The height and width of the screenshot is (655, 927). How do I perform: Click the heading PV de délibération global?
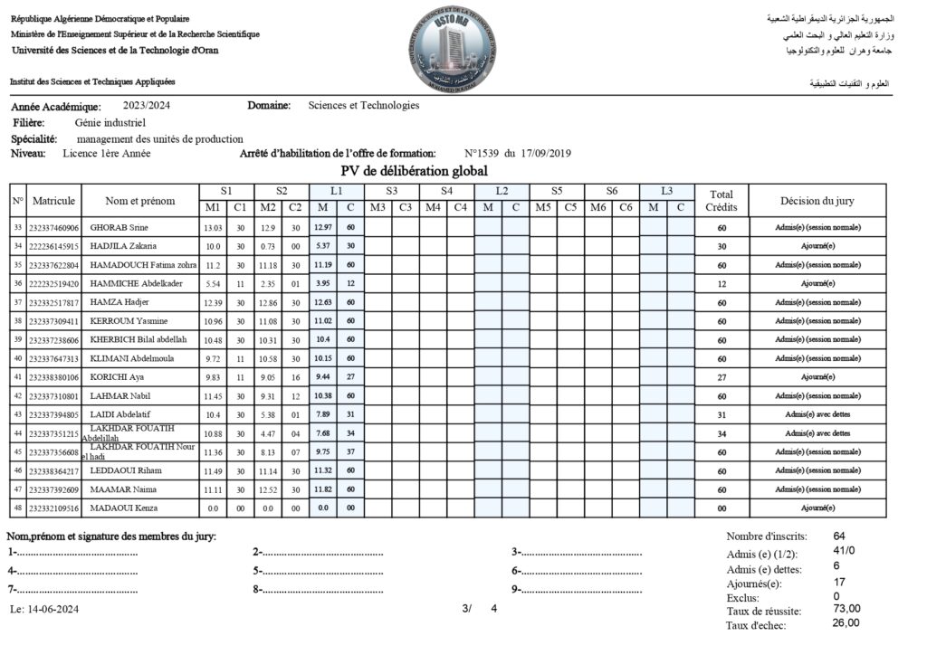[414, 171]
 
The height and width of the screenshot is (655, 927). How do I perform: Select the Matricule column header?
[53, 200]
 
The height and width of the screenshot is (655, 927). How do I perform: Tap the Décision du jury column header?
[817, 200]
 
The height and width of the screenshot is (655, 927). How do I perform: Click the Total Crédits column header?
[722, 200]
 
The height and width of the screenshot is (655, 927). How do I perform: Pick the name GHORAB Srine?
[119, 227]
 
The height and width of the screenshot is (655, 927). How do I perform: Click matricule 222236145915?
[54, 246]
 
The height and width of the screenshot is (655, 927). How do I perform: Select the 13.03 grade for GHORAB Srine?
[213, 227]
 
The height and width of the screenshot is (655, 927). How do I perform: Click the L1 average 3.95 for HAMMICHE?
[322, 283]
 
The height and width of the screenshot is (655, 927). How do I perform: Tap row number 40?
[17, 358]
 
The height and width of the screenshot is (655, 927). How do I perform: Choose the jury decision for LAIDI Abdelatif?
[817, 414]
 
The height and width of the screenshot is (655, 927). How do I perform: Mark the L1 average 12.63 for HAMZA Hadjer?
[322, 302]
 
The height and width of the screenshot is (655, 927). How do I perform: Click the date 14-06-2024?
[53, 609]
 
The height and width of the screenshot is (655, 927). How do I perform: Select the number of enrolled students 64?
[839, 536]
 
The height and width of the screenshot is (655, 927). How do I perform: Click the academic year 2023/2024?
[147, 105]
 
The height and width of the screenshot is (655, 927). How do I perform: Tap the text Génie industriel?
[110, 122]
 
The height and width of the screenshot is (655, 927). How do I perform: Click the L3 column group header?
[666, 191]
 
